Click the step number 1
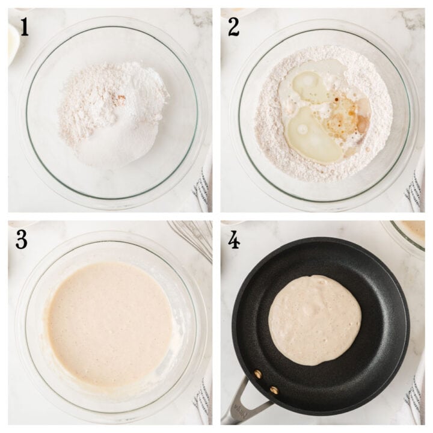pyautogui.click(x=23, y=26)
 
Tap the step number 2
pyautogui.click(x=234, y=26)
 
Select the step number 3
pyautogui.click(x=22, y=239)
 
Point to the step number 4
pyautogui.click(x=234, y=239)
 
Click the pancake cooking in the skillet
pyautogui.click(x=315, y=319)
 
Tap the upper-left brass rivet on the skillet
pyautogui.click(x=258, y=374)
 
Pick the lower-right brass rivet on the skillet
pyautogui.click(x=274, y=390)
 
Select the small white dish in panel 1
pyautogui.click(x=13, y=42)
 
